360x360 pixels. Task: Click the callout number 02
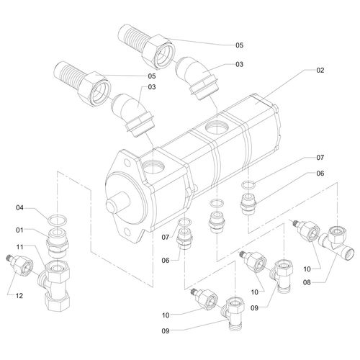(320, 71)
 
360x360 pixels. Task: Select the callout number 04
(19, 207)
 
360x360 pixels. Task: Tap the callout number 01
(19, 230)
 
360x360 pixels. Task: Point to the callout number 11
(19, 247)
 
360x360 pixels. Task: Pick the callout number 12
(19, 296)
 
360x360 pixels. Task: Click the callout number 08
(307, 282)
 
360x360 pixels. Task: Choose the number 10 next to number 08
(307, 269)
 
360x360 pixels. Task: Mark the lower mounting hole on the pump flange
(127, 233)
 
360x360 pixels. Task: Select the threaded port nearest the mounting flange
(153, 166)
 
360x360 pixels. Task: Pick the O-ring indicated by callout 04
(58, 220)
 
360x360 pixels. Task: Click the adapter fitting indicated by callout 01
(58, 243)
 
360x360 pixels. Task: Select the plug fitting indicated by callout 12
(19, 265)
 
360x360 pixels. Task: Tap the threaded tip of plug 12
(9, 258)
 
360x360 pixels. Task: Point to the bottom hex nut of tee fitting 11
(58, 302)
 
